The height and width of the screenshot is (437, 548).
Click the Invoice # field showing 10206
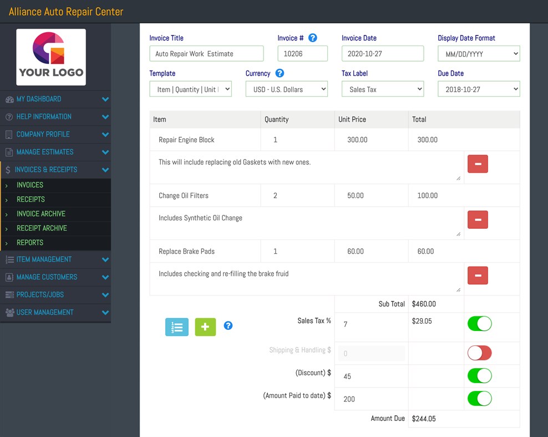(x=302, y=54)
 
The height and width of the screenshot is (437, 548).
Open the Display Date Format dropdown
(x=479, y=54)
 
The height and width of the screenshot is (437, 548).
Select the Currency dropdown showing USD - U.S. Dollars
(x=286, y=89)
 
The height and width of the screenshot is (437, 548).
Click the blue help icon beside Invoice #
(x=313, y=38)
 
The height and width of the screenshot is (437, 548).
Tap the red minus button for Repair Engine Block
(x=478, y=164)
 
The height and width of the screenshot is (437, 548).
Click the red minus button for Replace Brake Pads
(x=478, y=275)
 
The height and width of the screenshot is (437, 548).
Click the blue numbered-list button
(x=177, y=327)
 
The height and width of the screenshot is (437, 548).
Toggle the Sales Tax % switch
(x=479, y=323)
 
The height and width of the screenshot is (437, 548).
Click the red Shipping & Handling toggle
(x=479, y=353)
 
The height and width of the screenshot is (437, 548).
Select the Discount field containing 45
(x=371, y=376)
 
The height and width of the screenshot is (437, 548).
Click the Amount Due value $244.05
(x=424, y=419)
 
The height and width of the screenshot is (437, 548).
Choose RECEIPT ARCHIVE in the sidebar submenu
(x=42, y=228)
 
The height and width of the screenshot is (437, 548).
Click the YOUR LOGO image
(x=51, y=57)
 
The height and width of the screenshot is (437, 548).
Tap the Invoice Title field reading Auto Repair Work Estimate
(x=206, y=54)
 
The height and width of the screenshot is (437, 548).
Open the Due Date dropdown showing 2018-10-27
(x=479, y=89)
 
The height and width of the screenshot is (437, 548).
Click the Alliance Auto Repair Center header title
(x=66, y=12)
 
